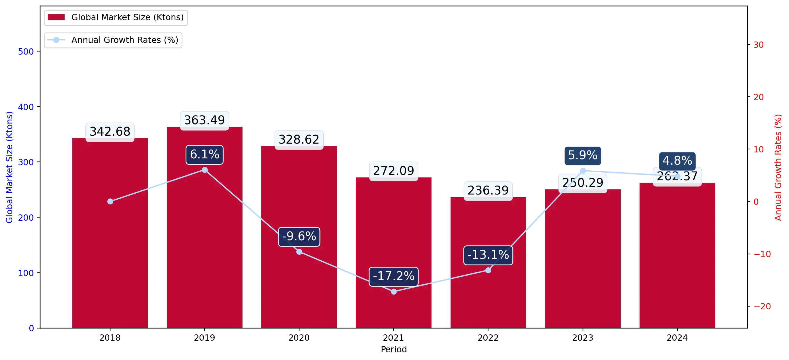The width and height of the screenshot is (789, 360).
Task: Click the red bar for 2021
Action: pyautogui.click(x=394, y=253)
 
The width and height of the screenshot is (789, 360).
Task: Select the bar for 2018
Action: pyautogui.click(x=110, y=233)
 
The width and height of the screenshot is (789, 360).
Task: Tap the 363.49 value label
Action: pyautogui.click(x=205, y=120)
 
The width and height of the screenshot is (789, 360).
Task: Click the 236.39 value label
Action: pyautogui.click(x=488, y=191)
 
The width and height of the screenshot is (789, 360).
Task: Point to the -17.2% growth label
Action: pyautogui.click(x=394, y=276)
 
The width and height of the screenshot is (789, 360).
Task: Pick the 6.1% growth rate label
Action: pyautogui.click(x=205, y=155)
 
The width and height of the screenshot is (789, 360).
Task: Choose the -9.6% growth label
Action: pyautogui.click(x=299, y=237)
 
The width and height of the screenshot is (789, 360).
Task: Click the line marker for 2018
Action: pyautogui.click(x=110, y=201)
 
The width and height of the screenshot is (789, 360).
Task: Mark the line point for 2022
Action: pyautogui.click(x=488, y=270)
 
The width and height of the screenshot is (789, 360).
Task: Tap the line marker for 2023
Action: pyautogui.click(x=583, y=171)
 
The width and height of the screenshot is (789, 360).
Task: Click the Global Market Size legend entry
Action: pyautogui.click(x=116, y=17)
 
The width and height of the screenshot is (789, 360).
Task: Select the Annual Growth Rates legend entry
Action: pyautogui.click(x=113, y=40)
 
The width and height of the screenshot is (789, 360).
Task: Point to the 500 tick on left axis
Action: pyautogui.click(x=26, y=51)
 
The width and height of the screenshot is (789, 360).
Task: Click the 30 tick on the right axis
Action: pyautogui.click(x=758, y=45)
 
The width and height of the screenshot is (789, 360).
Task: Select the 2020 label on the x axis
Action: pyautogui.click(x=299, y=338)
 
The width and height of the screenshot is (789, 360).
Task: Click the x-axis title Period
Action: pyautogui.click(x=394, y=349)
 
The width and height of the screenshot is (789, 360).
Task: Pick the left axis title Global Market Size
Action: pyautogui.click(x=9, y=167)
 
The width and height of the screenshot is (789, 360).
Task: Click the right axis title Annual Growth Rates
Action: pyautogui.click(x=778, y=167)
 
